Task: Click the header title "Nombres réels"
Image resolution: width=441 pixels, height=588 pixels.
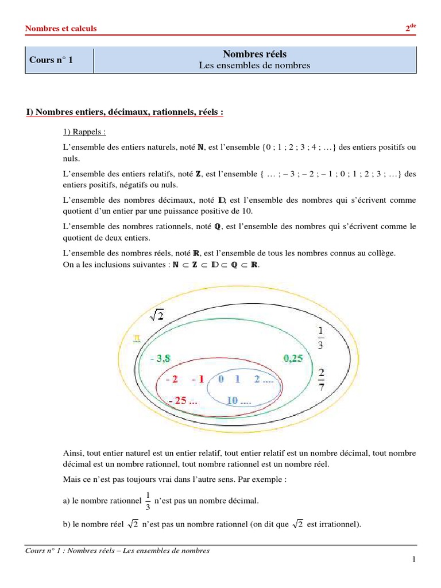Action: pos(254,54)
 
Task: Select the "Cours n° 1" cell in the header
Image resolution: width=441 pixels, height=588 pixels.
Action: pos(52,60)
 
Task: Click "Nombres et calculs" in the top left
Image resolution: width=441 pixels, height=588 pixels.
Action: pos(61,28)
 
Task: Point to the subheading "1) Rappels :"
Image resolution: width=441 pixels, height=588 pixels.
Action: pos(85,131)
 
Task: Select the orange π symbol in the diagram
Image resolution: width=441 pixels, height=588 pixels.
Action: pos(137,339)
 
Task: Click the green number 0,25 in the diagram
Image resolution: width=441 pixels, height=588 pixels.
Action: pos(297,358)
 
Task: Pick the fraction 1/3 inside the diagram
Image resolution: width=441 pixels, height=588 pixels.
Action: pos(320,338)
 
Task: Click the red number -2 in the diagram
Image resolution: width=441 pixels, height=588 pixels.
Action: pos(171,380)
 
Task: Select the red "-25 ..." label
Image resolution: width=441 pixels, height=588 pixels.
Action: pos(182,400)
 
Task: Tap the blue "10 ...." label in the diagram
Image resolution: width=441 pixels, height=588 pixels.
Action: pos(239,400)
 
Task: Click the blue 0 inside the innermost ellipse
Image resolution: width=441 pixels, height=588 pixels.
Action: pos(221,380)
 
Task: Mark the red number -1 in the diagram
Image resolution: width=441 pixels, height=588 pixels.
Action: pos(198,380)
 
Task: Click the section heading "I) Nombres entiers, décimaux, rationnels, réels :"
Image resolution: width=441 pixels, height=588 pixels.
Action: pos(125,111)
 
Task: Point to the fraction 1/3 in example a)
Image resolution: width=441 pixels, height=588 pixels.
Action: pos(148,501)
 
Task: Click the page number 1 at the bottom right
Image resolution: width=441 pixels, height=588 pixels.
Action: pos(413,560)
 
